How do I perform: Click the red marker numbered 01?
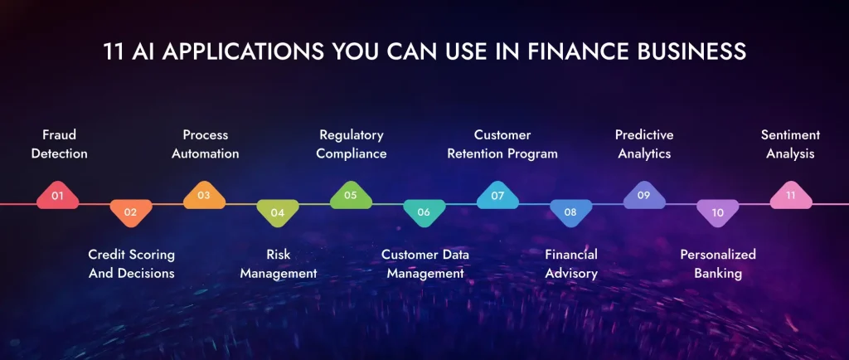57,196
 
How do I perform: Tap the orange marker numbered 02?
130,212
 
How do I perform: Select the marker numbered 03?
204,196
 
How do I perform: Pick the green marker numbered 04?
278,212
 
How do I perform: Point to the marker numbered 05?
351,196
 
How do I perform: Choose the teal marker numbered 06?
424,212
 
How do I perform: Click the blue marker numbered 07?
497,196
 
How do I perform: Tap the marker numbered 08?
570,212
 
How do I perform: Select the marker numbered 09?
643,196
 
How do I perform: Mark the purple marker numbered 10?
717,212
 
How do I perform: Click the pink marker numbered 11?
790,196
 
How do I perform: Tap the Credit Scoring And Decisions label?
131,264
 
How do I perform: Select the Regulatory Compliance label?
351,144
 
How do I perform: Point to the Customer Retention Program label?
502,144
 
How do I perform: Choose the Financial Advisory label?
571,264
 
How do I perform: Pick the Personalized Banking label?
718,264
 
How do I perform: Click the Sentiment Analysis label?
790,144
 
